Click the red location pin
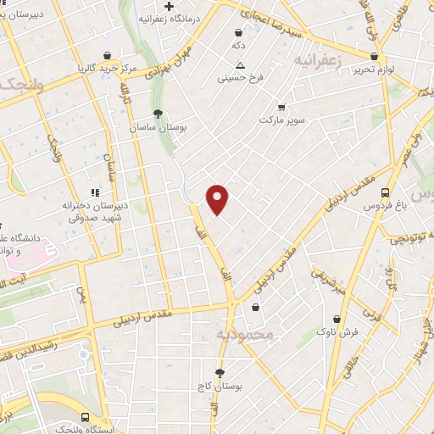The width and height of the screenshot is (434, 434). [218, 198]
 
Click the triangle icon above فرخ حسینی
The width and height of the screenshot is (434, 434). [241, 65]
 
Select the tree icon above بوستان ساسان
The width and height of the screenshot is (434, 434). [157, 114]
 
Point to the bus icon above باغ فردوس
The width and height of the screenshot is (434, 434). [386, 192]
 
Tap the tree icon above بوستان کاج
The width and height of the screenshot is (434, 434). [220, 372]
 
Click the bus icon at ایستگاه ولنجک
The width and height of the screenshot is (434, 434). [86, 417]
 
